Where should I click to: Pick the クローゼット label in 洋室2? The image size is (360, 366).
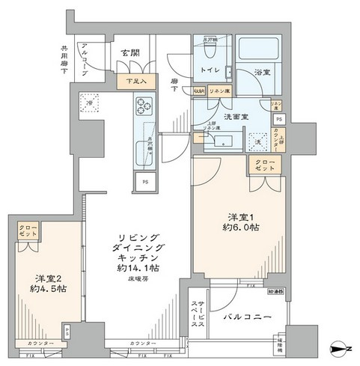(x=27, y=231)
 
